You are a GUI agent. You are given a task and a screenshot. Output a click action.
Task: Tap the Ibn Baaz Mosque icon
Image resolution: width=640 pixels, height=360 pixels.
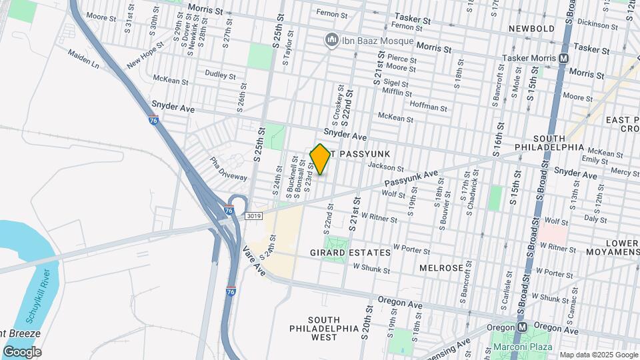pos(331,41)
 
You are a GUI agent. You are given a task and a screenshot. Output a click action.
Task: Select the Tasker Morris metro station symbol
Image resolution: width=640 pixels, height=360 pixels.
pos(564,59)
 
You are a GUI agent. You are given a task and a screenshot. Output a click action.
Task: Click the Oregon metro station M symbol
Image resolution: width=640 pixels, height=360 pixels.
pos(523,327)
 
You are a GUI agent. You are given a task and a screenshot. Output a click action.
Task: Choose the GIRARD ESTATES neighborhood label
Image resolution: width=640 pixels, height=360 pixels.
pos(350,253)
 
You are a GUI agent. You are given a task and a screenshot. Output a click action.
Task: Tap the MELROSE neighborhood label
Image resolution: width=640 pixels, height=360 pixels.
pos(441,267)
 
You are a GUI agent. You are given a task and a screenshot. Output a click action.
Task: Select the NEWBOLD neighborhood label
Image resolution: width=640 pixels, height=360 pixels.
pos(531,29)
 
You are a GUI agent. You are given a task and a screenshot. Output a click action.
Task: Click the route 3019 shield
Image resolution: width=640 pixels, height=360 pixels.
pos(253,215)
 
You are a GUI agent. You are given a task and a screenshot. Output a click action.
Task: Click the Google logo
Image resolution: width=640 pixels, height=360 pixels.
pos(22,352)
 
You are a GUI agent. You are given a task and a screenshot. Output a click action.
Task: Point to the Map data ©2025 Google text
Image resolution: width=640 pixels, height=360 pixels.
pos(598,355)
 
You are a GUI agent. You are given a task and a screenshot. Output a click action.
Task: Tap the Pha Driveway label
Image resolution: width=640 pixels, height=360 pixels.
pos(228,169)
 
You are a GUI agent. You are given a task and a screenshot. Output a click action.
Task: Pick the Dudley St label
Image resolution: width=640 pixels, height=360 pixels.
pos(220,75)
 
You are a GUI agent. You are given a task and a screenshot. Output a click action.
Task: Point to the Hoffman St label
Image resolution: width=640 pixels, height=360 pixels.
pos(429,107)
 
